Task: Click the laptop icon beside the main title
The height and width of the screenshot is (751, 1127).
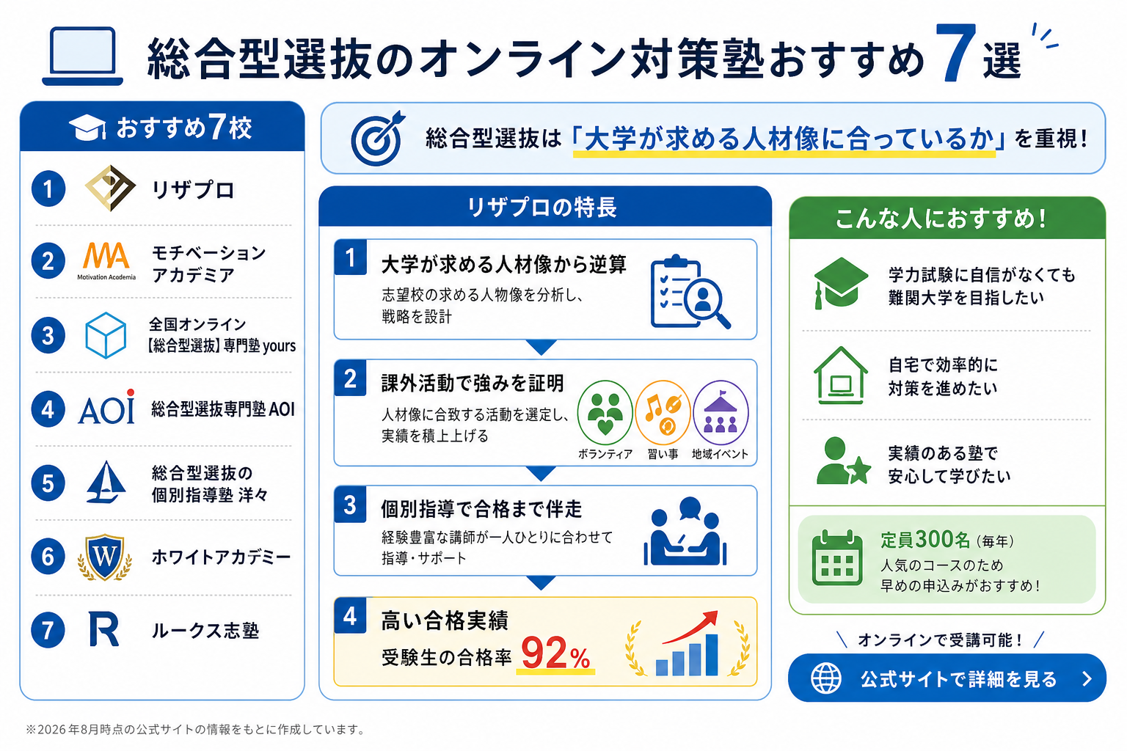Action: point(82,55)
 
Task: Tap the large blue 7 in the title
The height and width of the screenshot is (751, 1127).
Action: point(955,54)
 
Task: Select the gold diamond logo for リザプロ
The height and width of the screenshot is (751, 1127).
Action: point(110,188)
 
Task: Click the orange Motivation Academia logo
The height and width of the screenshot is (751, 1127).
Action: point(106,260)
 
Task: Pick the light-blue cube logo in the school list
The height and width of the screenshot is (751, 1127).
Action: point(106,335)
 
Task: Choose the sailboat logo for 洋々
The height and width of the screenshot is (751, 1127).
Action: point(106,482)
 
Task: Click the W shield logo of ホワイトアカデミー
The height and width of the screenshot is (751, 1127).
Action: point(105,557)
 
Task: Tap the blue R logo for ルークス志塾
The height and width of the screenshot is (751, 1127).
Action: point(103,629)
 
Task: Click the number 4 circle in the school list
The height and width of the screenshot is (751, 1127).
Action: point(48,409)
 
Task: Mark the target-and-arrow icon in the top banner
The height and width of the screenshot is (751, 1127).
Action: point(378,138)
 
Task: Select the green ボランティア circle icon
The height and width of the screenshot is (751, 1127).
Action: point(605,412)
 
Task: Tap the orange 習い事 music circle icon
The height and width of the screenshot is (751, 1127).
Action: point(663,412)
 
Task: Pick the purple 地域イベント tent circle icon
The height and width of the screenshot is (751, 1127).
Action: point(721,412)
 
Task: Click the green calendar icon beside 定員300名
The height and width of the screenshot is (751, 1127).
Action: point(836,557)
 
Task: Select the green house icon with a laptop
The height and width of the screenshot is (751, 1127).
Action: point(841,375)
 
